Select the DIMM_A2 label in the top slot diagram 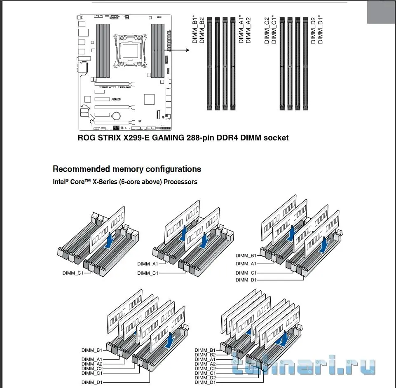pos(248,30)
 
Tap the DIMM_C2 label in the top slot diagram pos(267,30)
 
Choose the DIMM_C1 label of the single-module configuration pos(73,273)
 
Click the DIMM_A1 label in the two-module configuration pos(148,264)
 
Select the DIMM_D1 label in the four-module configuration pos(246,280)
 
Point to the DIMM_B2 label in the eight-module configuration pos(205,355)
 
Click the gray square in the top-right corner pos(382,12)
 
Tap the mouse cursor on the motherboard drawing pos(91,118)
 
